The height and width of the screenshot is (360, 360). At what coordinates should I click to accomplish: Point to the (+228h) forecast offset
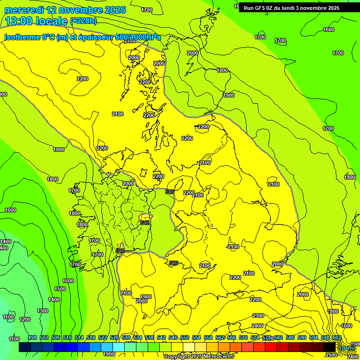click(x=83, y=21)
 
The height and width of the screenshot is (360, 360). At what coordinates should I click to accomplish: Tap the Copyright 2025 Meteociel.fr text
click(x=199, y=356)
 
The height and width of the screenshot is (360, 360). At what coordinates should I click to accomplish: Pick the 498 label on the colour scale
click(x=32, y=338)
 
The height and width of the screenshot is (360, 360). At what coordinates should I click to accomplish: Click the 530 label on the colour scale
click(x=126, y=338)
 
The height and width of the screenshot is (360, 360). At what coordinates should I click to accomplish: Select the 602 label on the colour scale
click(x=337, y=338)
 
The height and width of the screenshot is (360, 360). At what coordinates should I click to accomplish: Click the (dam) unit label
click(x=347, y=348)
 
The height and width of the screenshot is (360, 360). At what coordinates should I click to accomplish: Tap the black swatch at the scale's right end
click(x=330, y=347)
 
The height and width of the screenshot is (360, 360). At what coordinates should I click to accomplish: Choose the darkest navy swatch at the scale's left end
click(x=25, y=347)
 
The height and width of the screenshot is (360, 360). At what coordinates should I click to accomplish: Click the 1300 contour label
click(x=43, y=311)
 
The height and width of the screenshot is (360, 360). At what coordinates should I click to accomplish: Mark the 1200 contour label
click(x=25, y=319)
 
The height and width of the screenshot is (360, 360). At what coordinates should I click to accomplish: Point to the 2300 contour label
click(x=258, y=315)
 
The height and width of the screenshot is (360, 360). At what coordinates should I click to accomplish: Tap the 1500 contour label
click(x=60, y=289)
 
